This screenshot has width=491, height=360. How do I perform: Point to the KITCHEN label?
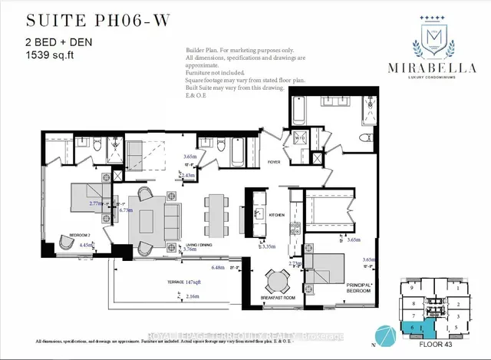pos(277,214)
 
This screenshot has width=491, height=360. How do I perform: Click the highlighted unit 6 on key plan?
pos(414,327)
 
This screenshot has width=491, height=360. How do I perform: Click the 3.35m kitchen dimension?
pos(268,248)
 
